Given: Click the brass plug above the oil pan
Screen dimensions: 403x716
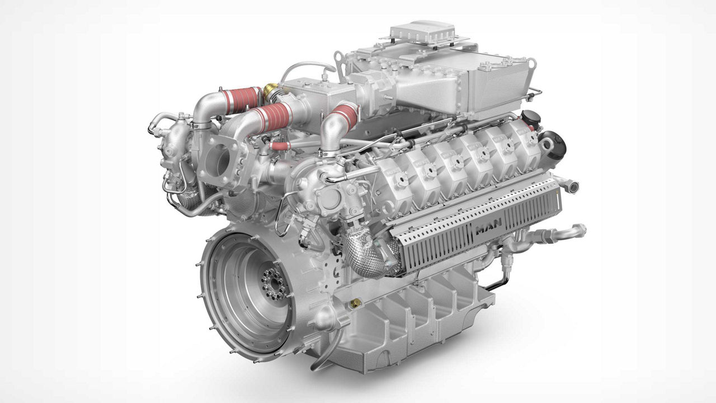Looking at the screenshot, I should (354, 303).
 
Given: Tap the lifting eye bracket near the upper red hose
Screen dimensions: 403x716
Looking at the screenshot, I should (339, 59).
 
